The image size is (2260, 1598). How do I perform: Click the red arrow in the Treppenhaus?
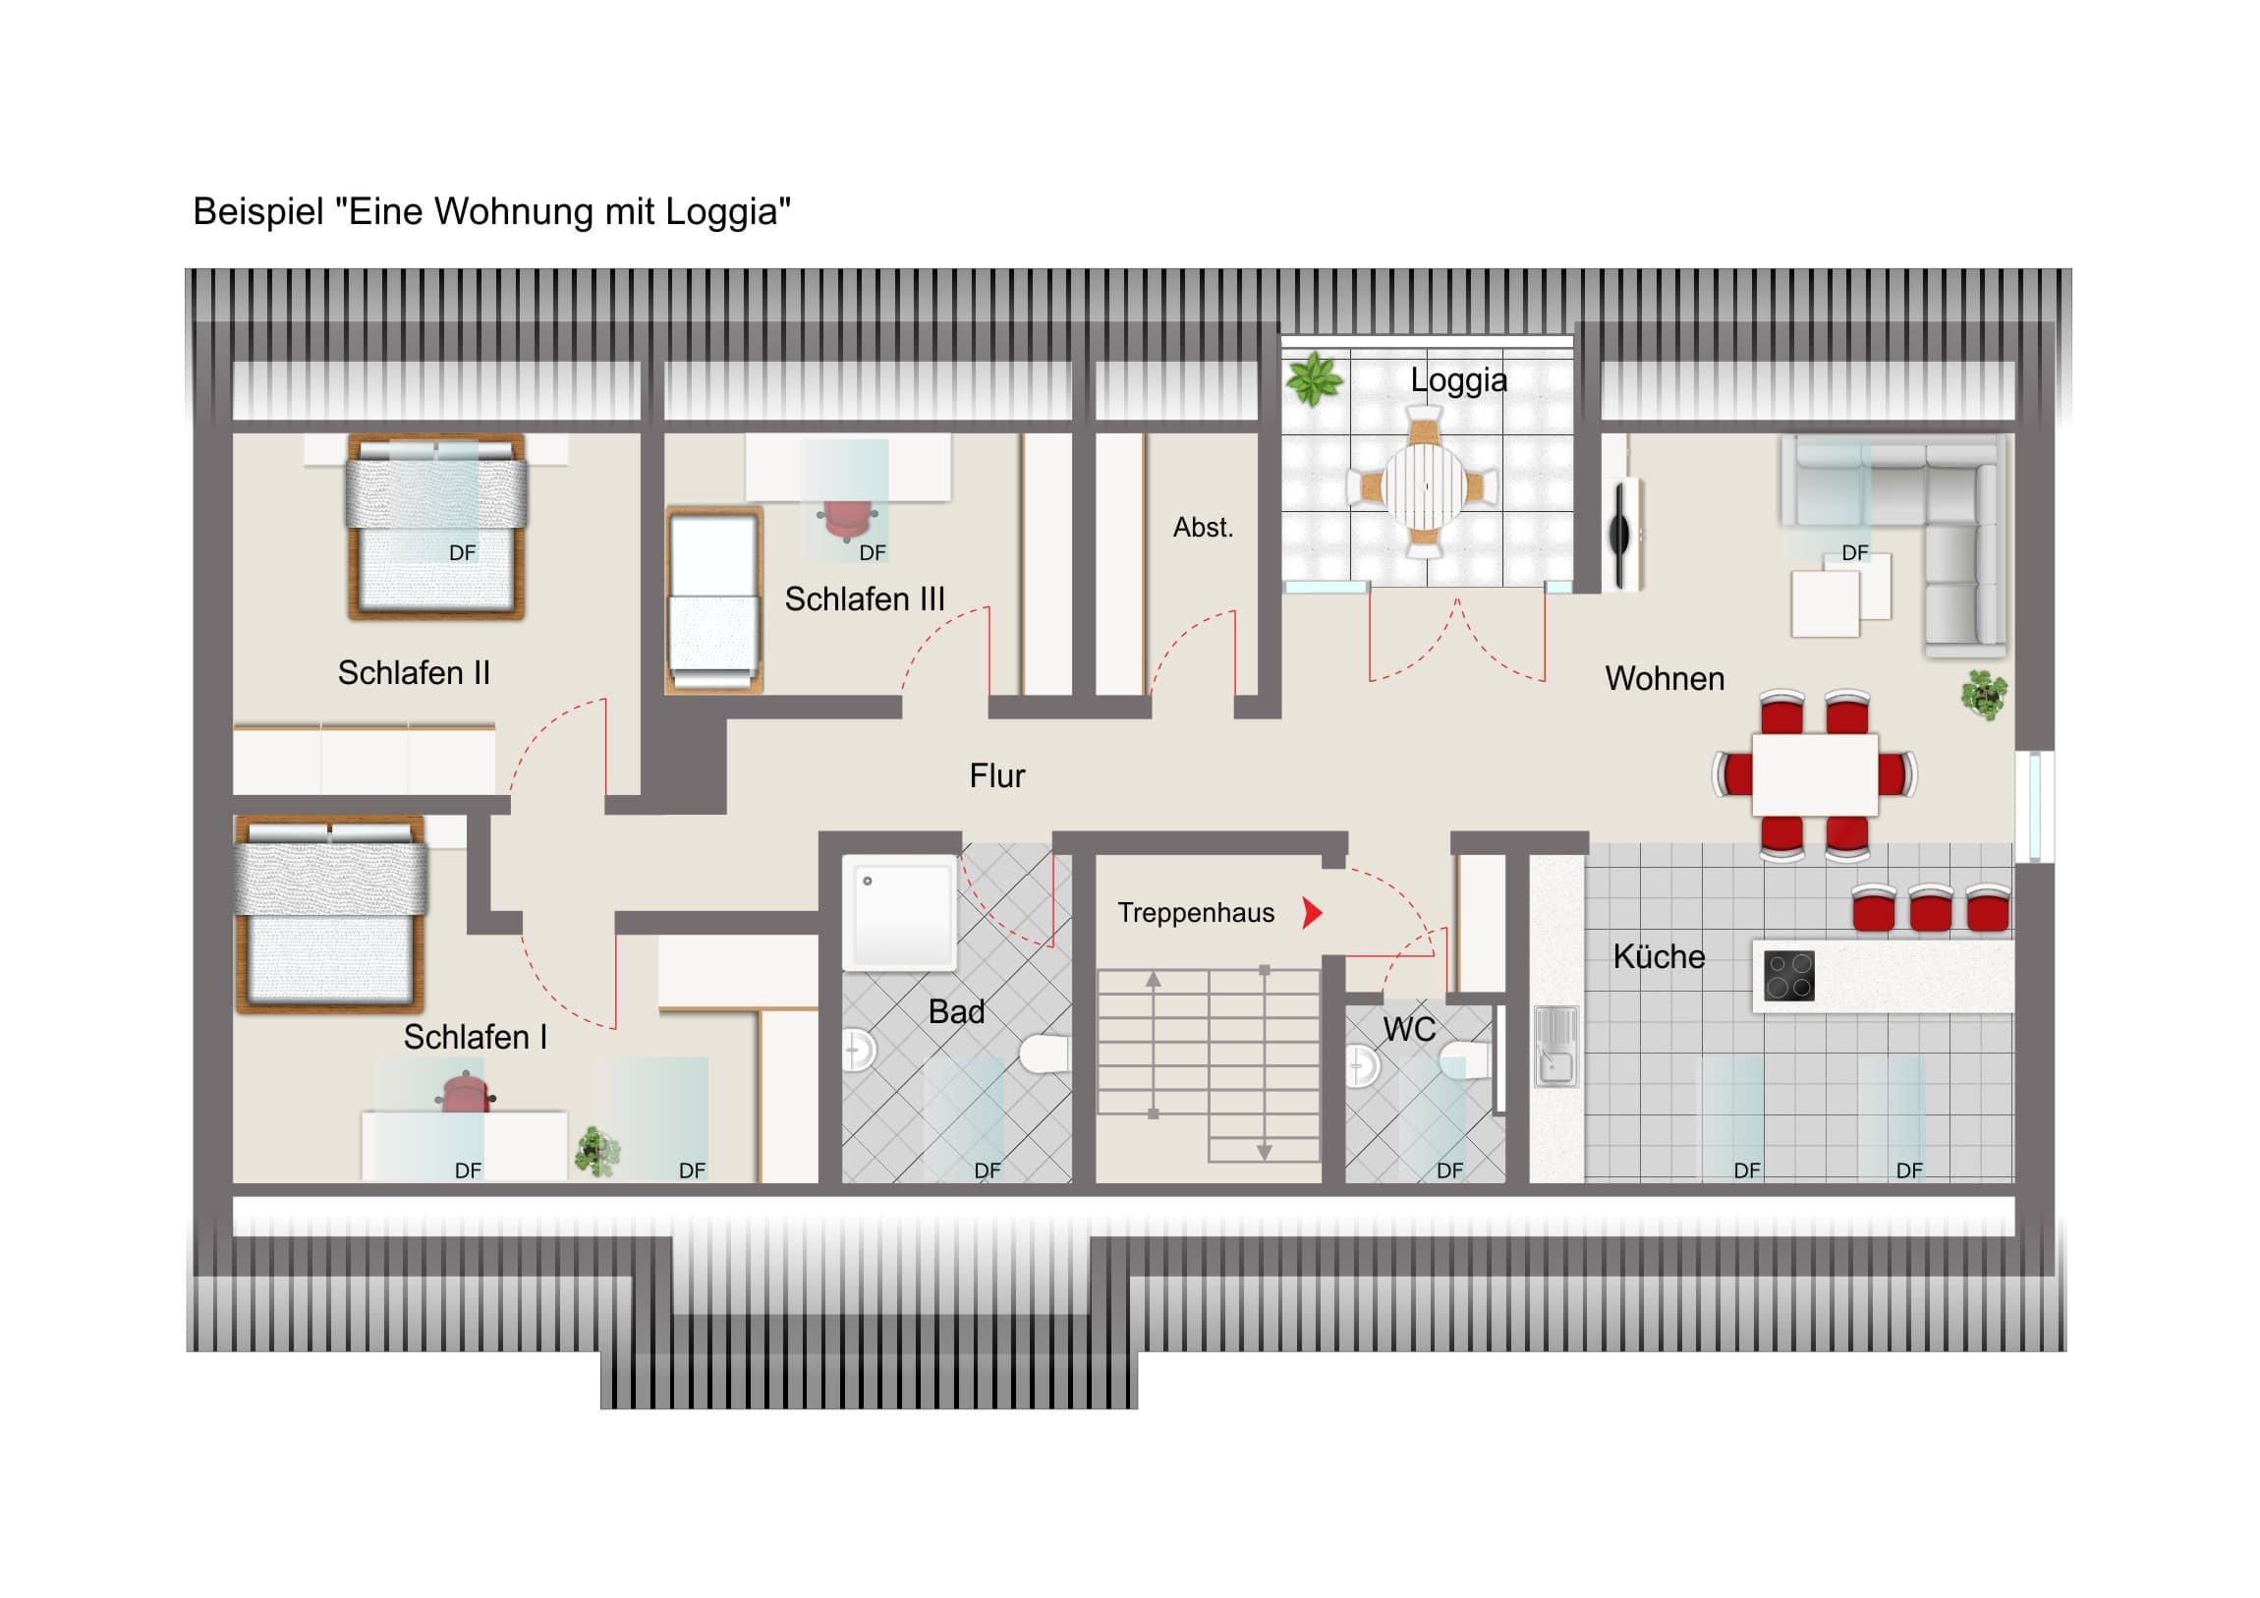(1312, 913)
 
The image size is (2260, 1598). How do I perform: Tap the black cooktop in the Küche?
(1788, 976)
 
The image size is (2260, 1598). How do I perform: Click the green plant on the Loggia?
(1314, 380)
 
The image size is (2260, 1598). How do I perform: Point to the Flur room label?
(997, 775)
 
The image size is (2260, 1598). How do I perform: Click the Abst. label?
(1203, 528)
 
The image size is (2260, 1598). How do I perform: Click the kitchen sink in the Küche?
(1555, 1046)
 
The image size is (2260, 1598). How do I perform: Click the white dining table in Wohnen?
(1815, 773)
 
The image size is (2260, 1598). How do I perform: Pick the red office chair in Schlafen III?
(847, 521)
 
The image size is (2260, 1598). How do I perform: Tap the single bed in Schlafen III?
(714, 599)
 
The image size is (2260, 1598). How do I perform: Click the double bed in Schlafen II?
(436, 527)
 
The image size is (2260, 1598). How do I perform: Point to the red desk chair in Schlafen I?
(466, 1094)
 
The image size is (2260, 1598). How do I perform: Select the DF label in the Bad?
(988, 1170)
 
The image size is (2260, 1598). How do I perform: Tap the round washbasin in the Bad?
(859, 1051)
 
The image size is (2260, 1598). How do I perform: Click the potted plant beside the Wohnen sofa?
(1984, 695)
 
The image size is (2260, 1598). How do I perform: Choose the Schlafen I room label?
(475, 1037)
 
